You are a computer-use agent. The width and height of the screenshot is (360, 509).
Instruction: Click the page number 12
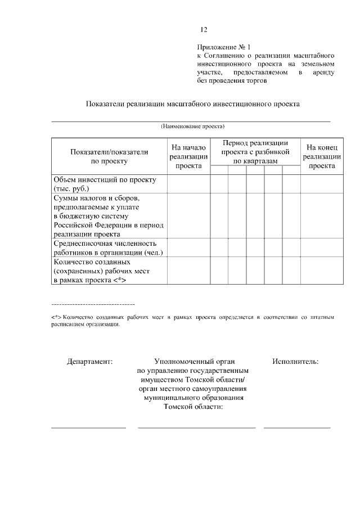coord(204,30)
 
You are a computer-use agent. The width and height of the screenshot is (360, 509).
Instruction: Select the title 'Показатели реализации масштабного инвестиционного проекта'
coord(192,103)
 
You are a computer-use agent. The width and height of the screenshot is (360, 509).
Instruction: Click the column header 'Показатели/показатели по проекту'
coord(109,156)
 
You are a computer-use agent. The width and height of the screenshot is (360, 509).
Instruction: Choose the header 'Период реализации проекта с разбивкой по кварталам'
coord(255,152)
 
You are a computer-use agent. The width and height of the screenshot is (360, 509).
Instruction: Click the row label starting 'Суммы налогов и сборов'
coord(108,216)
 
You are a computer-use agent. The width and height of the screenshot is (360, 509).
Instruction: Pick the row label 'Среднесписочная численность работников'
coord(108,247)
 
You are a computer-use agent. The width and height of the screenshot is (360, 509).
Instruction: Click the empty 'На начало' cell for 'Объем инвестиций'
coord(188,184)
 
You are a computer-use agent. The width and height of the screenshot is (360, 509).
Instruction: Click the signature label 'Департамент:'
coord(90,362)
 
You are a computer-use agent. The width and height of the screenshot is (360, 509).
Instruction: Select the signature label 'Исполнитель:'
coord(295,362)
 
